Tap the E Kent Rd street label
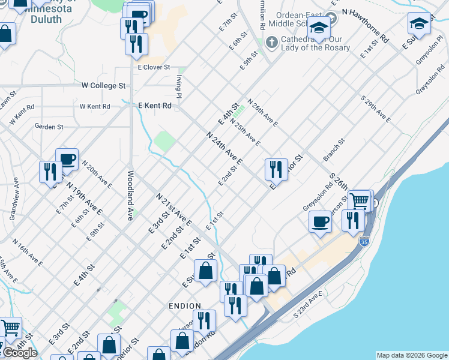(x=155, y=106)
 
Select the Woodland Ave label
(x=130, y=196)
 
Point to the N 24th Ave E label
(x=224, y=149)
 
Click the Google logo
(x=20, y=353)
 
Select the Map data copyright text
(x=411, y=355)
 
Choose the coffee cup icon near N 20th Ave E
(x=67, y=159)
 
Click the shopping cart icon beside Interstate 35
(x=360, y=201)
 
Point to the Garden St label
(x=49, y=127)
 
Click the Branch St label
(x=334, y=150)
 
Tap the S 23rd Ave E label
(x=309, y=305)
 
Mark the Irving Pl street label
(x=179, y=86)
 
